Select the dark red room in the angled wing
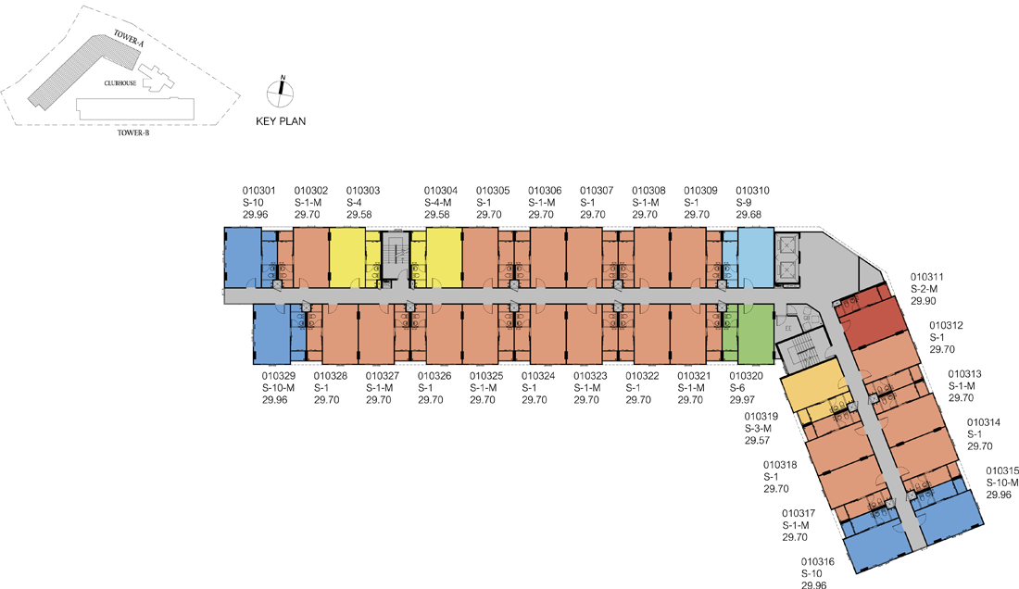coord(871,320)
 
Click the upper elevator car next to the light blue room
coord(788,245)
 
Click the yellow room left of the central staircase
coord(347,257)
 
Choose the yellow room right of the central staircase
coord(444,257)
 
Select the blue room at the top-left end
coord(243,257)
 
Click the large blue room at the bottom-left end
coord(271,333)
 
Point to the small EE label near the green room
coord(788,328)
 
